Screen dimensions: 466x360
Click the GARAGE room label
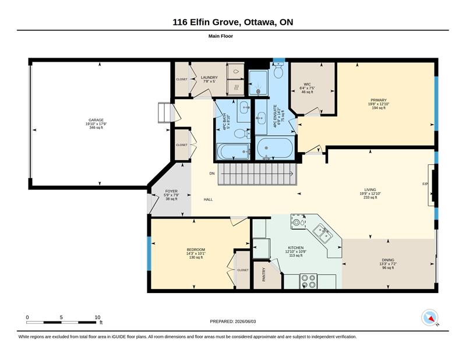[96, 120]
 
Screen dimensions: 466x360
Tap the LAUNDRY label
[209, 77]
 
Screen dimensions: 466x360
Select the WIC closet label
[308, 84]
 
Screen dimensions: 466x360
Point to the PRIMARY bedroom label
[379, 100]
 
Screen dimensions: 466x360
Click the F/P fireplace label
[425, 184]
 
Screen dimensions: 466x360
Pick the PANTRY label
[264, 275]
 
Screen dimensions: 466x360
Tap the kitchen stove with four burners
[308, 281]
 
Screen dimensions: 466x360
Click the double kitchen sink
[322, 233]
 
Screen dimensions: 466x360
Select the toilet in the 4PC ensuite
[278, 70]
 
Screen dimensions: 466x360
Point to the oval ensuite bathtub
[275, 148]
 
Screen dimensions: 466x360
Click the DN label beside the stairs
[212, 174]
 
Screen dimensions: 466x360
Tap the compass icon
[430, 317]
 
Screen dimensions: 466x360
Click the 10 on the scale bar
[97, 317]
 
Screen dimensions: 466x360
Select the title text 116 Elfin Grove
[207, 22]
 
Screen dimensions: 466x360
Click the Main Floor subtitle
[221, 36]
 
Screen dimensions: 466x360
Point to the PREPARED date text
[232, 322]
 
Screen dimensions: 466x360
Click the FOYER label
[171, 191]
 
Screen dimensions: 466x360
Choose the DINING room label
[388, 260]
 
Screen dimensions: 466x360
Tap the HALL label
[208, 199]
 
